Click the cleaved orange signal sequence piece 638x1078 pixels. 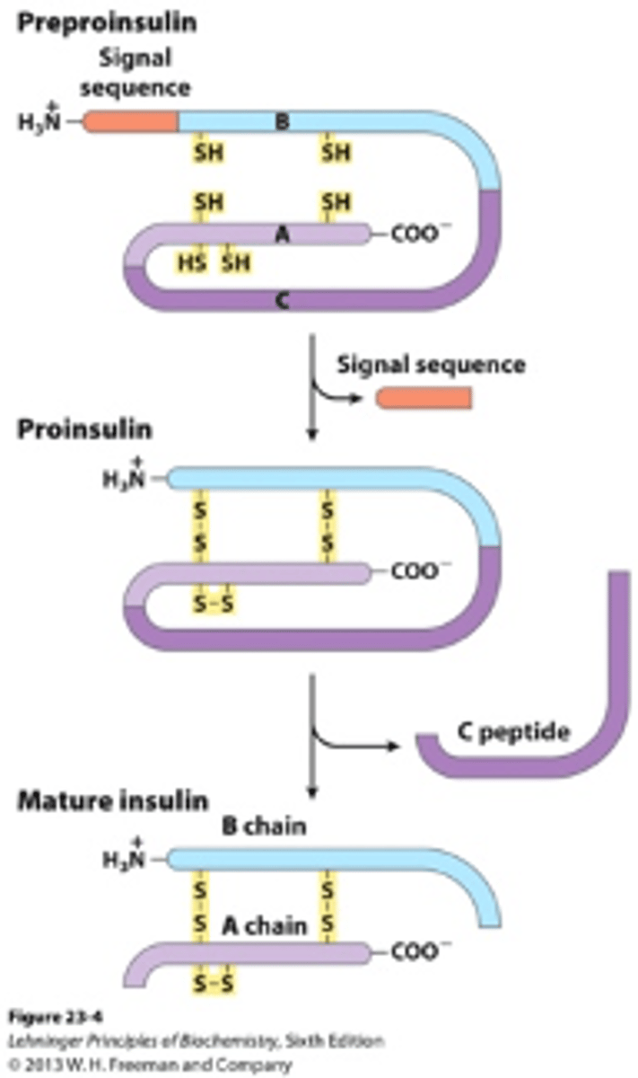424,397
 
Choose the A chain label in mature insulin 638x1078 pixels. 264,924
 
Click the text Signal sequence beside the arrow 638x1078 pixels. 431,365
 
